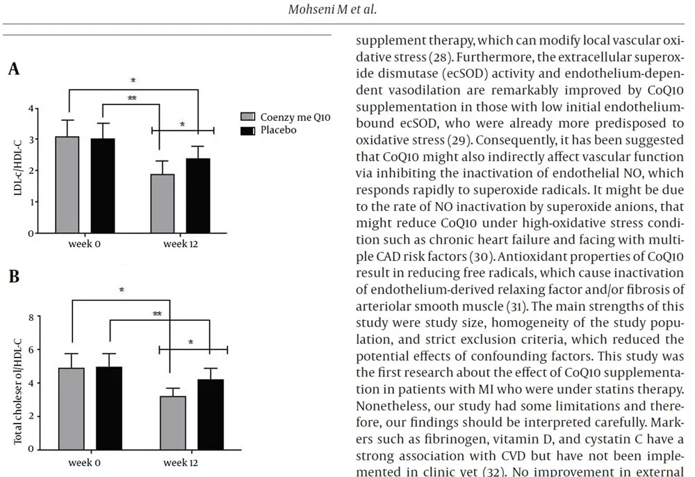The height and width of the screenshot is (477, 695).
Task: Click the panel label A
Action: [x=13, y=69]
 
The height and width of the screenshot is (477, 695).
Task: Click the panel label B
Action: [x=13, y=276]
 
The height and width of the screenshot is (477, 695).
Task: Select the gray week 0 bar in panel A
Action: [x=67, y=185]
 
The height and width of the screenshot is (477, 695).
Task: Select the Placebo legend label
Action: [x=278, y=130]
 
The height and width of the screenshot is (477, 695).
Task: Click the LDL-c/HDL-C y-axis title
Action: [x=19, y=170]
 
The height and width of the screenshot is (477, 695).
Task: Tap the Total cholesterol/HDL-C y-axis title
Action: [x=19, y=383]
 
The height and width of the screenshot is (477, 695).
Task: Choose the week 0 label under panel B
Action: [x=85, y=461]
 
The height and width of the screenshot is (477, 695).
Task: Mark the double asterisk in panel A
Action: [x=132, y=99]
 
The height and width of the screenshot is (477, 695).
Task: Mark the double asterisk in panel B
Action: [x=158, y=315]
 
